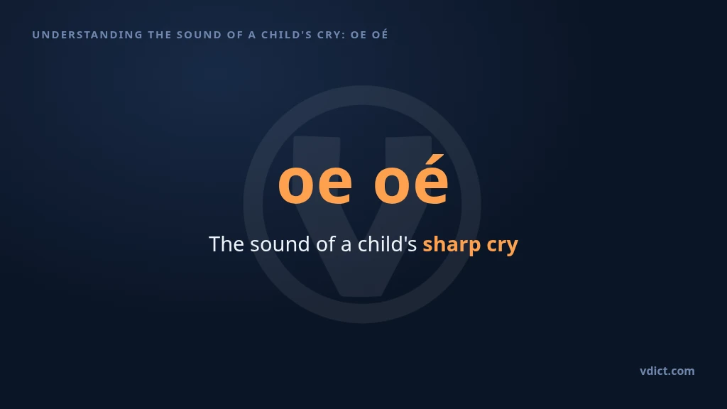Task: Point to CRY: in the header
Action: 332,35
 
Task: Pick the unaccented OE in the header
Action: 359,35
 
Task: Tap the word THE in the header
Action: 160,35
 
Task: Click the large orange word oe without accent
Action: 315,184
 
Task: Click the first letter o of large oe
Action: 295,184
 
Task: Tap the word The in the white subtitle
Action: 226,244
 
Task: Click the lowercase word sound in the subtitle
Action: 280,244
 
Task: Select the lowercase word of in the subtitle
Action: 325,244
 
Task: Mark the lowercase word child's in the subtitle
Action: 387,244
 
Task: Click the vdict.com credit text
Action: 667,371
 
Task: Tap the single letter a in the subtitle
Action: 346,246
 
